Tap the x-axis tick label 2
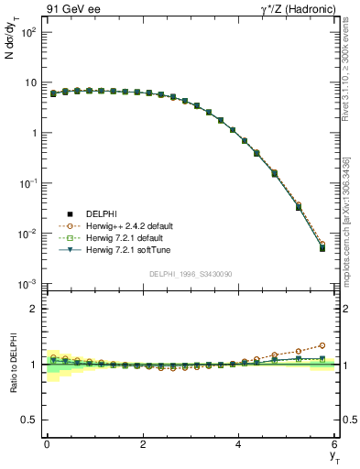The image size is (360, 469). pyautogui.click(x=143, y=444)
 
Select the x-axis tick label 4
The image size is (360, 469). pyautogui.click(x=239, y=444)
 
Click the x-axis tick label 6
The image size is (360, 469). pyautogui.click(x=335, y=444)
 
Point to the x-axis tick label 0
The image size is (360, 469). pyautogui.click(x=47, y=444)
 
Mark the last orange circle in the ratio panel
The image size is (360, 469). pyautogui.click(x=322, y=345)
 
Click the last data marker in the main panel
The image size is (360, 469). pyautogui.click(x=322, y=248)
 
